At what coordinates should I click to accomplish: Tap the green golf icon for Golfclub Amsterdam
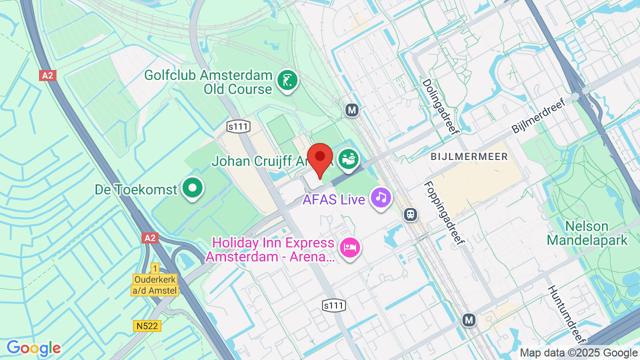click(287, 80)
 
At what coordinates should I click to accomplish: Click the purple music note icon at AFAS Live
click(381, 198)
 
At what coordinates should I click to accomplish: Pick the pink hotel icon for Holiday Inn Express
click(350, 247)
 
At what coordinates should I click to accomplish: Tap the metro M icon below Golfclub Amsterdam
click(352, 110)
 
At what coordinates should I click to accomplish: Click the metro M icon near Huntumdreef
click(468, 319)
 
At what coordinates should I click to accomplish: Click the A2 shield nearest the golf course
click(47, 75)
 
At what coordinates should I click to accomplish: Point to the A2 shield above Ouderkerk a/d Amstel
click(150, 237)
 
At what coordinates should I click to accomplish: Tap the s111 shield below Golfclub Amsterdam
click(238, 126)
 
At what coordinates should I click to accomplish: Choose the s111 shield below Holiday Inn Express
click(334, 305)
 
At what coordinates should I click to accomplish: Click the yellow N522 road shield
click(147, 326)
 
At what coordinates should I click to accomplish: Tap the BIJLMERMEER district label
click(469, 157)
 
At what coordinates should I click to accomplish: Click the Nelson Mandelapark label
click(587, 233)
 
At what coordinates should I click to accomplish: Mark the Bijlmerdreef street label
click(538, 115)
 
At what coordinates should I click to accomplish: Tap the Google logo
click(33, 348)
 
